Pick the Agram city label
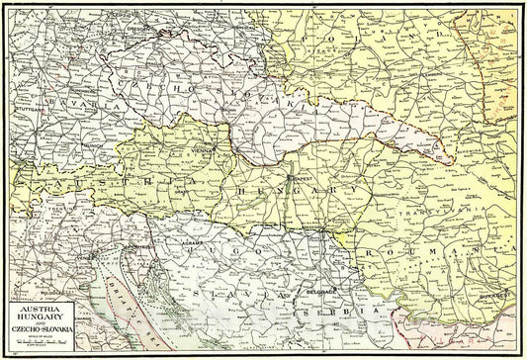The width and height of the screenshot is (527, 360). [x=195, y=242]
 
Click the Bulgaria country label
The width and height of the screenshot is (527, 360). [x=465, y=341]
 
